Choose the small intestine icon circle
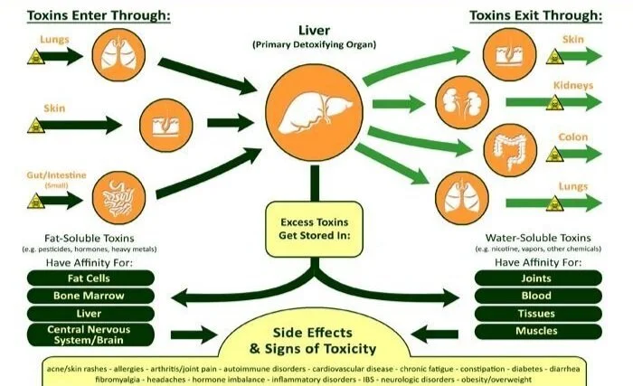[117, 193]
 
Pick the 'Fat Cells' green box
[90, 278]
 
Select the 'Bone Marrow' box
[90, 296]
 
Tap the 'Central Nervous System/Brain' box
[90, 334]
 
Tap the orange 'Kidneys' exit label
[575, 86]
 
